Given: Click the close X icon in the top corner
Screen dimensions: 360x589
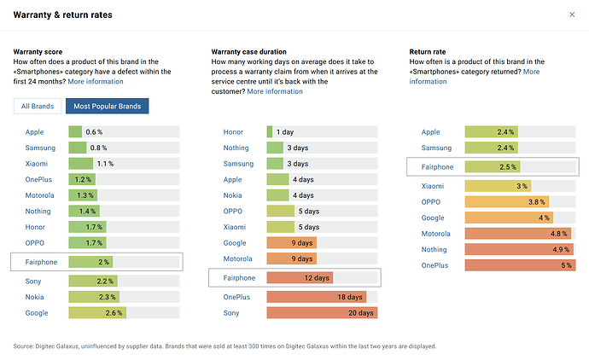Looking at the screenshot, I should [x=572, y=15].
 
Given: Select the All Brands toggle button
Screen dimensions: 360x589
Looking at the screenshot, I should [x=38, y=107].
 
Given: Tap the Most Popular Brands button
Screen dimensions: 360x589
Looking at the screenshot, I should [x=108, y=107].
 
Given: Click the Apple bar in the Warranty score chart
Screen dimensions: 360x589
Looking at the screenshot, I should [x=75, y=132].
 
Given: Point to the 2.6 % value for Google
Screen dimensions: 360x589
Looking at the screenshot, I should [x=114, y=313].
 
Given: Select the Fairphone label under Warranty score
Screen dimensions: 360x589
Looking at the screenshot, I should [x=41, y=262].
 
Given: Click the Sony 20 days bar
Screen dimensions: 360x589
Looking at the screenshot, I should [x=322, y=313].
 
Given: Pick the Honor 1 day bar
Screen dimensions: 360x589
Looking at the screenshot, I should [x=270, y=132].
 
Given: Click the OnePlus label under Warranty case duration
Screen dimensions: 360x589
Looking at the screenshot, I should [x=237, y=297].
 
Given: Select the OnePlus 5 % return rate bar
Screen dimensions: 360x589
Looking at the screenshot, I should [x=520, y=265].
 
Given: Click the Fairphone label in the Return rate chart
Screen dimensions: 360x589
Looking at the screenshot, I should [x=437, y=167].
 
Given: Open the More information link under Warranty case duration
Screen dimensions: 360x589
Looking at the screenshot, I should [x=275, y=91].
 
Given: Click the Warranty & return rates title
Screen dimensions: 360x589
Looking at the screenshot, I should [x=63, y=15].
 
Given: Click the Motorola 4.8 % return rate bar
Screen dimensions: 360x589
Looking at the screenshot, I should [x=517, y=234].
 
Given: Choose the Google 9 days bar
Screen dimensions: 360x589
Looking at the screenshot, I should [x=291, y=243].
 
